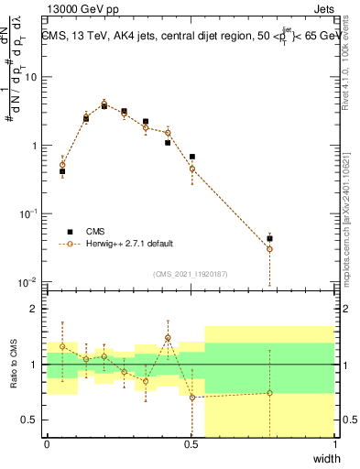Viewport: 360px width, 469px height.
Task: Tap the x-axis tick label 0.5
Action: [191, 444]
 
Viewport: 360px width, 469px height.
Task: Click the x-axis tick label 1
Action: [334, 444]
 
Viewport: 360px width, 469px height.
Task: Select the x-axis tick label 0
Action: [48, 444]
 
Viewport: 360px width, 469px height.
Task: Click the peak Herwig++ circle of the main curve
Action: [104, 104]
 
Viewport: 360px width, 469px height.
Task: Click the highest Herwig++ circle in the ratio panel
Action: [169, 338]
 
